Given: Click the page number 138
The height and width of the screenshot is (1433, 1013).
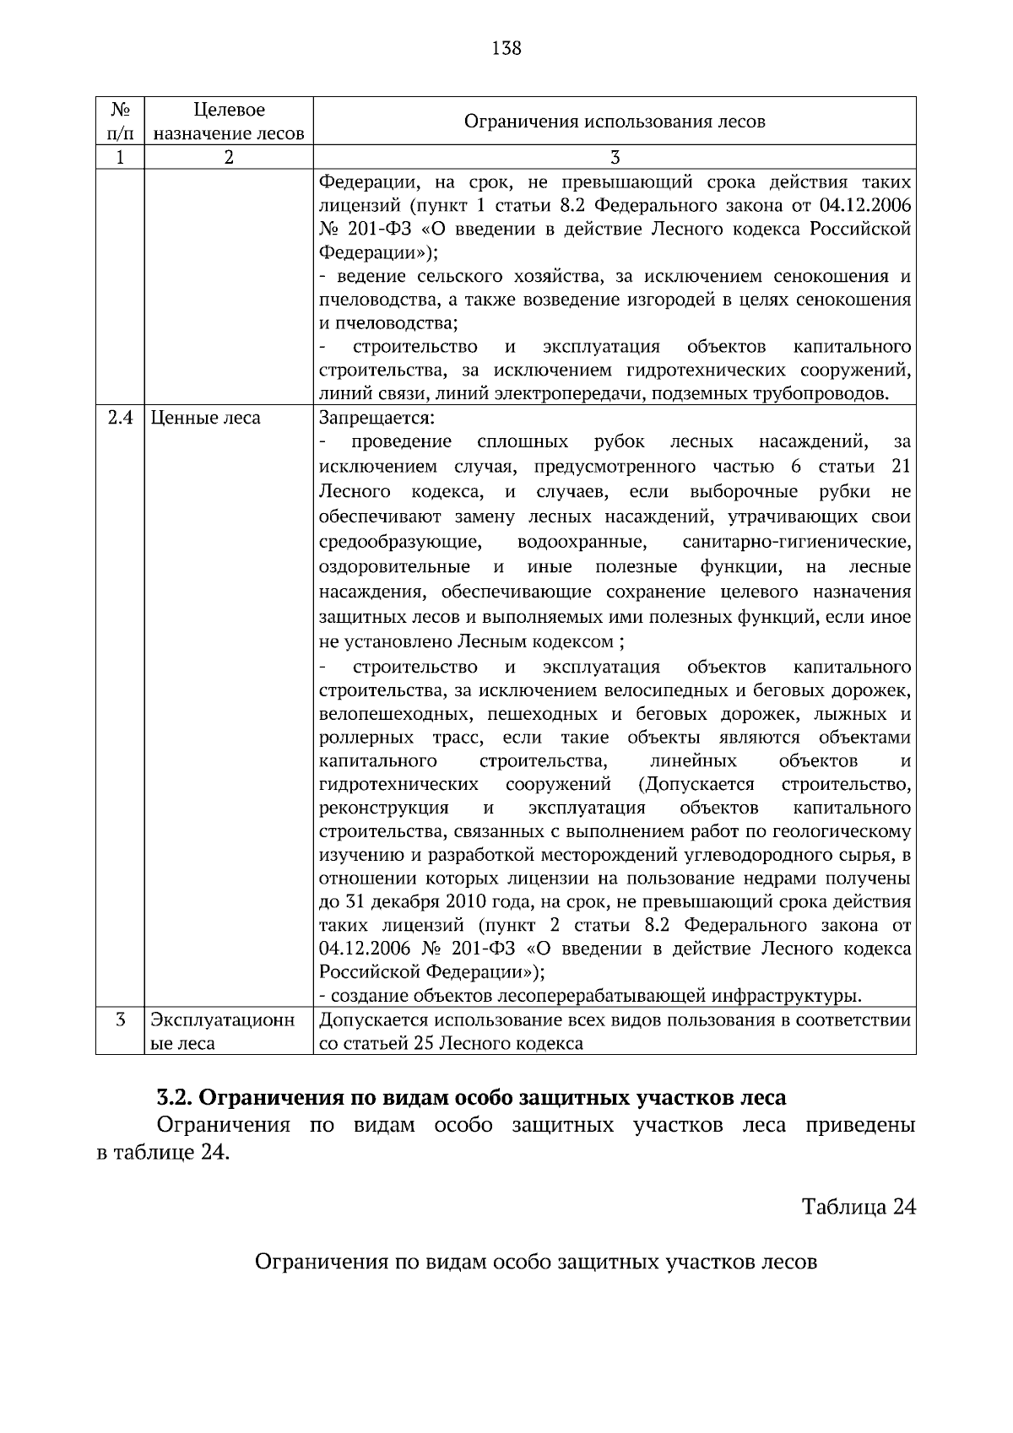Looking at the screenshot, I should pyautogui.click(x=506, y=48).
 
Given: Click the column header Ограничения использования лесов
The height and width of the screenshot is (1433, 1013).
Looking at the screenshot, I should pyautogui.click(x=615, y=122).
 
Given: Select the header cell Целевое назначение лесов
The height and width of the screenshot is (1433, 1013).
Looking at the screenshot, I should pyautogui.click(x=229, y=122).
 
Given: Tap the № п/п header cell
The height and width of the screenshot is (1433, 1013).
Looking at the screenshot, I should pyautogui.click(x=120, y=122).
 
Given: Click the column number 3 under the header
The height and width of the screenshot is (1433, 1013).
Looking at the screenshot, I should pyautogui.click(x=615, y=158).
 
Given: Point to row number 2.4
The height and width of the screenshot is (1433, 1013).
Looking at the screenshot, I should pyautogui.click(x=120, y=419).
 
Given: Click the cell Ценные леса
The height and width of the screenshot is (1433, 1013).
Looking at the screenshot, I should pyautogui.click(x=205, y=419).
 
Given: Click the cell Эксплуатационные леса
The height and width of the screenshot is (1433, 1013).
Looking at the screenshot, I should pyautogui.click(x=223, y=1031).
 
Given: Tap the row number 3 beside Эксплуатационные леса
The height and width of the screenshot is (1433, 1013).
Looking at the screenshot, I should pyautogui.click(x=120, y=1020).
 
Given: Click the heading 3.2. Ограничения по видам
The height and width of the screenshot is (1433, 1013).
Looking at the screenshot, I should pyautogui.click(x=471, y=1098).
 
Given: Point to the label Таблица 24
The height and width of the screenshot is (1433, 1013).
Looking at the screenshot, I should pyautogui.click(x=859, y=1207).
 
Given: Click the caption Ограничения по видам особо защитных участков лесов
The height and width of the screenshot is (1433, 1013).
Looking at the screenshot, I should pyautogui.click(x=535, y=1263).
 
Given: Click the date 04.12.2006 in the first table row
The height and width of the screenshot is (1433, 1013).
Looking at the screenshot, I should pyautogui.click(x=865, y=206).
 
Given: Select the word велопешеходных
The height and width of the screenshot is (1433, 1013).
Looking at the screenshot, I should pyautogui.click(x=395, y=715).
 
